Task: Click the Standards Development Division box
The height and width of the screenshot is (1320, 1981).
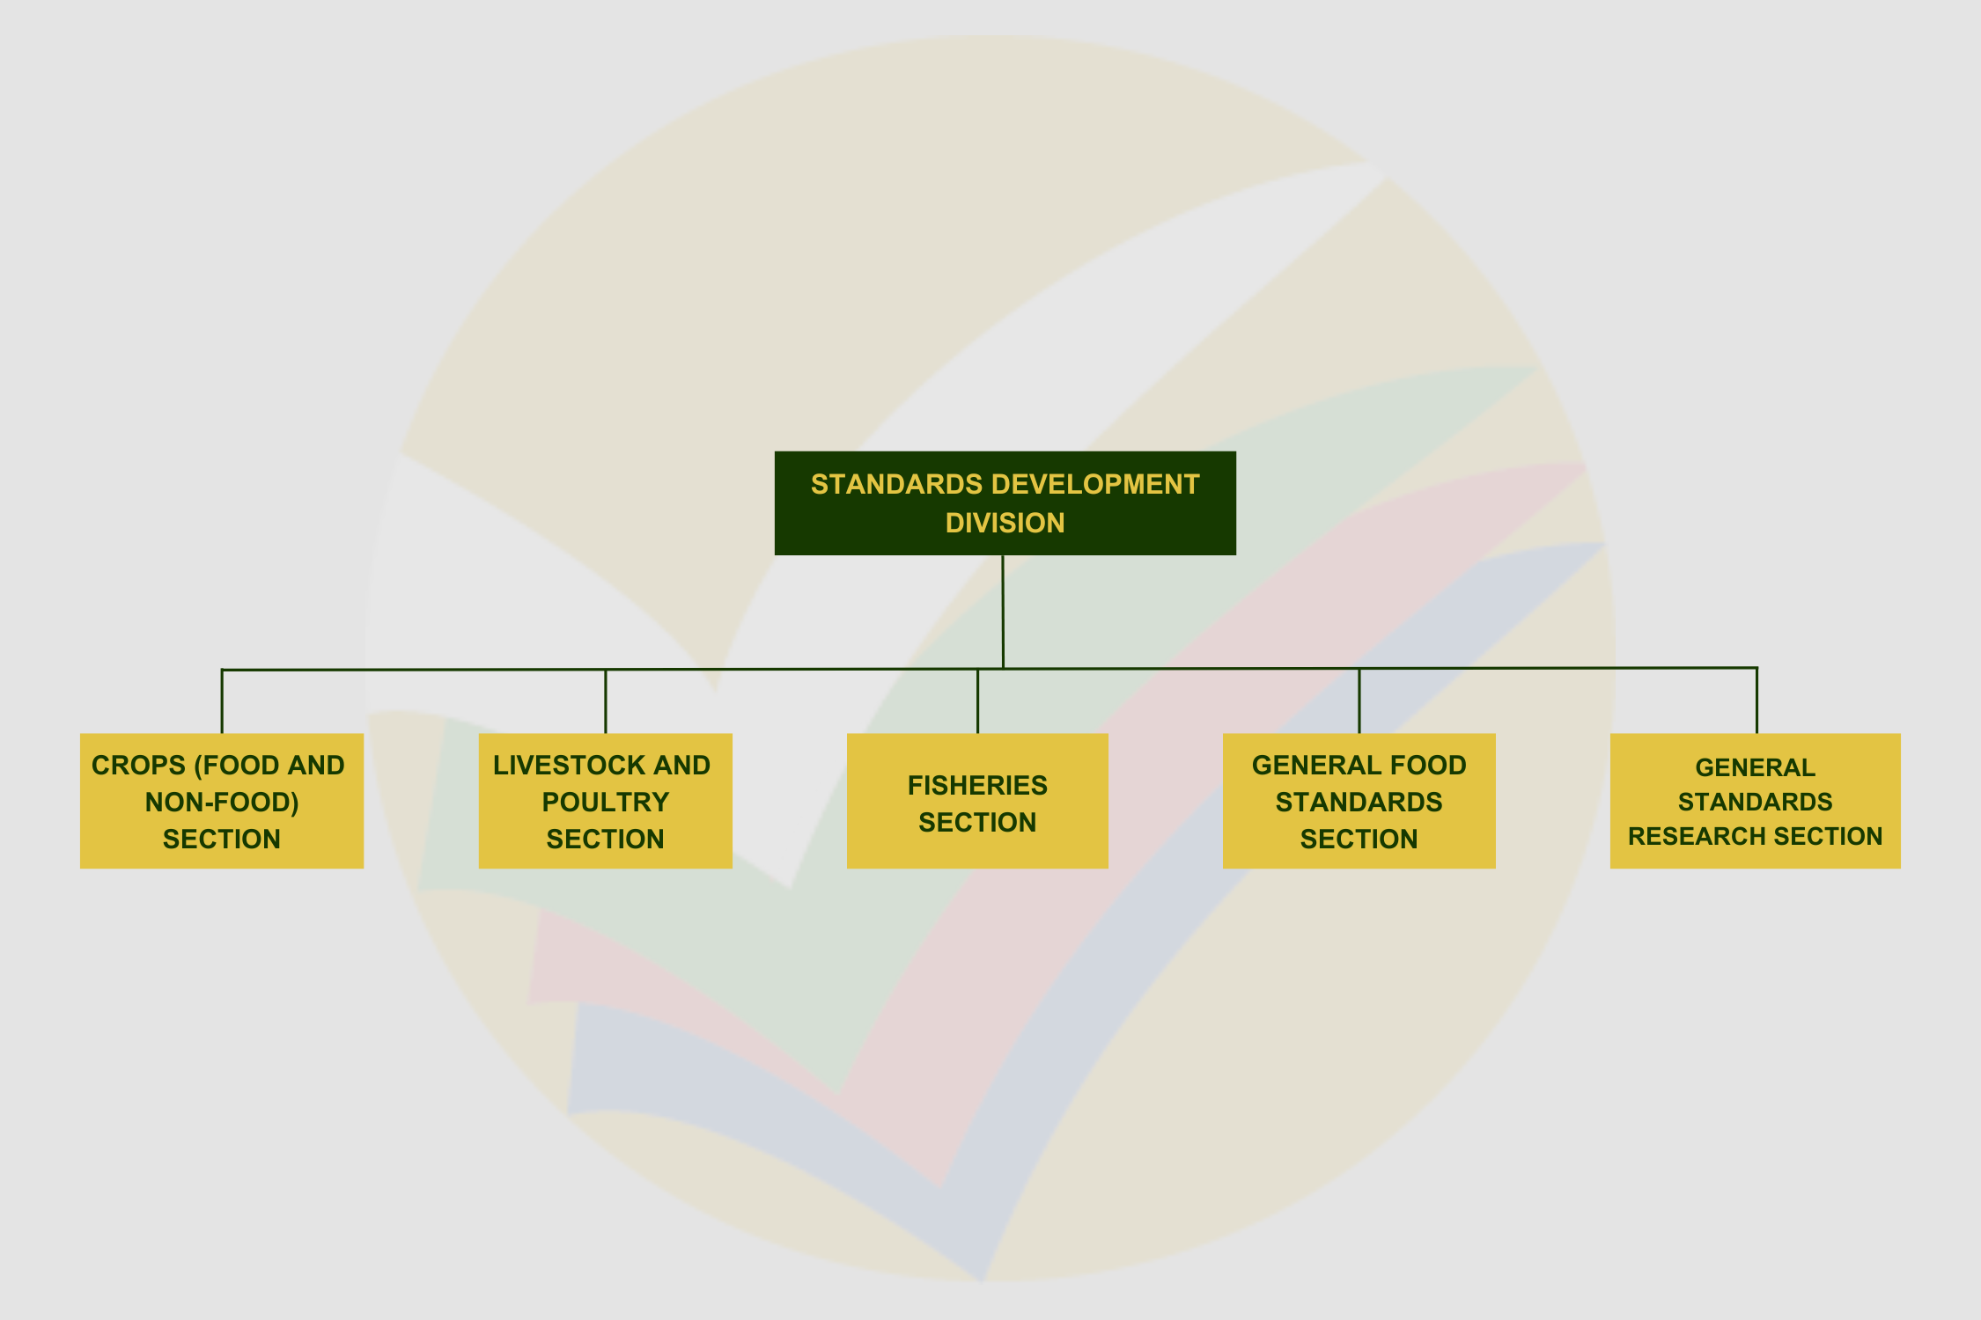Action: pos(1005,503)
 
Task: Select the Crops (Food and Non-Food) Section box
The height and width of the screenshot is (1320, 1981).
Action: pos(222,801)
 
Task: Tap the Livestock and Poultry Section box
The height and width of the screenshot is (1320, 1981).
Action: pos(605,801)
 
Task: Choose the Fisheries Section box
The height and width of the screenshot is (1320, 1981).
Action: pos(977,801)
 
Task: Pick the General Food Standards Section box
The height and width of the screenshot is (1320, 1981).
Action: pos(1359,801)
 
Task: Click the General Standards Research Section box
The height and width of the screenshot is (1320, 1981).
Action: pos(1755,801)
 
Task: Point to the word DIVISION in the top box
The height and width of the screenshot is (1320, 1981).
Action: pos(1005,523)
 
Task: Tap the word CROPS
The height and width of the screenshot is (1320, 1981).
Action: pos(139,766)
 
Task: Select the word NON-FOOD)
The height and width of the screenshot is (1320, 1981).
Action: pos(222,803)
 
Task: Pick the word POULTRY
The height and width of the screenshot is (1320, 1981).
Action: pos(606,803)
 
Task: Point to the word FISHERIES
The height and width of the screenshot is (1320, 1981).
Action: pos(977,785)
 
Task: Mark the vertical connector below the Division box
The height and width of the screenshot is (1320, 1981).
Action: pos(1003,612)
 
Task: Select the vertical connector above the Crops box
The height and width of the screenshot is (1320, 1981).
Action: pos(222,701)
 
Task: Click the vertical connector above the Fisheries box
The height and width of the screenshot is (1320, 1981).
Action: pos(977,701)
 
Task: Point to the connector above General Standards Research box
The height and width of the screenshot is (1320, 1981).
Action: pos(1756,700)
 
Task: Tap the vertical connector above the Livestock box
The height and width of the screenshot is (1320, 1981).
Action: pos(606,701)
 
